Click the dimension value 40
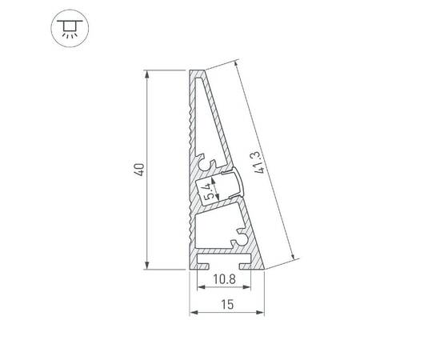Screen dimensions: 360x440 click(x=138, y=170)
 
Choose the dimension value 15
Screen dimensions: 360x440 click(x=227, y=304)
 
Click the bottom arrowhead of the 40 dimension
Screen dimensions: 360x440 click(x=147, y=266)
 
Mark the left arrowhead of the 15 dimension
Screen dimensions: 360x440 click(x=192, y=312)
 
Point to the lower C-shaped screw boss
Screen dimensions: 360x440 click(x=241, y=236)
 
